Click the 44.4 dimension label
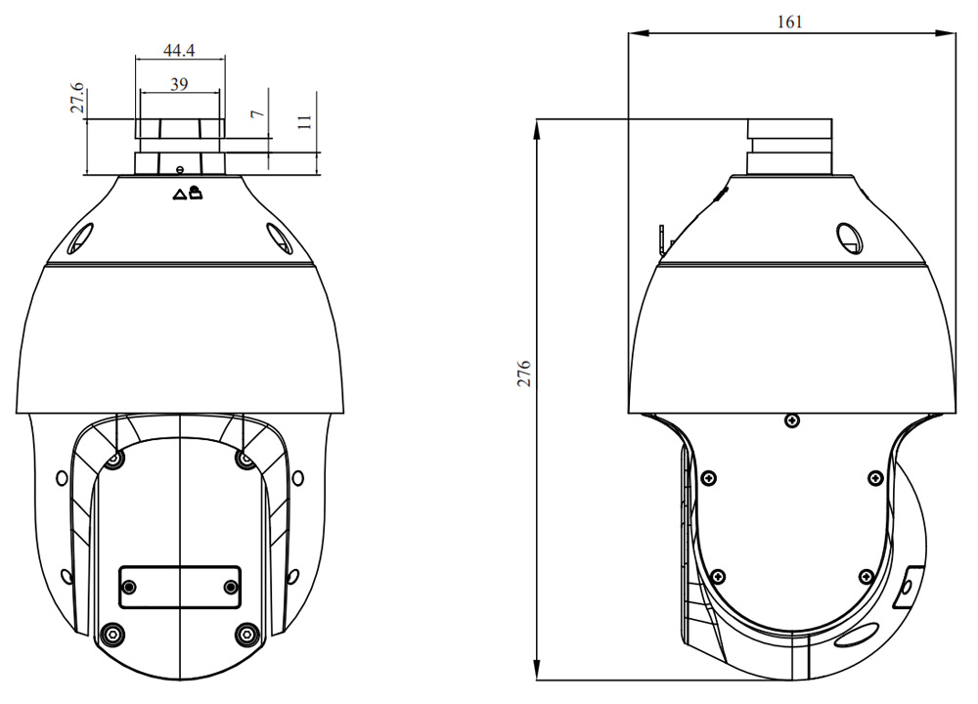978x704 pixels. pos(179,49)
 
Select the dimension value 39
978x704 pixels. pos(178,84)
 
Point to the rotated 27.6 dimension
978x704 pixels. pos(77,101)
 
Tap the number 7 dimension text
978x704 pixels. pos(257,113)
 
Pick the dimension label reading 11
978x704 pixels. pos(305,122)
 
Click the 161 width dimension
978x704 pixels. pos(789,22)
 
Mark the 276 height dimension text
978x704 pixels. pos(524,374)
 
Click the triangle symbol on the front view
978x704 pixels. pos(179,195)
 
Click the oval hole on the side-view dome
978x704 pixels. pos(848,237)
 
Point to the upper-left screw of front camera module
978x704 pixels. pos(115,460)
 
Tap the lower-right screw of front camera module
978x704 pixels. pos(246,634)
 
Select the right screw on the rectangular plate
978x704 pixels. pos(231,586)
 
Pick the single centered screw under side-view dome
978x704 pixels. pos(791,420)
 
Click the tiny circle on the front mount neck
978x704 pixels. pos(180,170)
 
